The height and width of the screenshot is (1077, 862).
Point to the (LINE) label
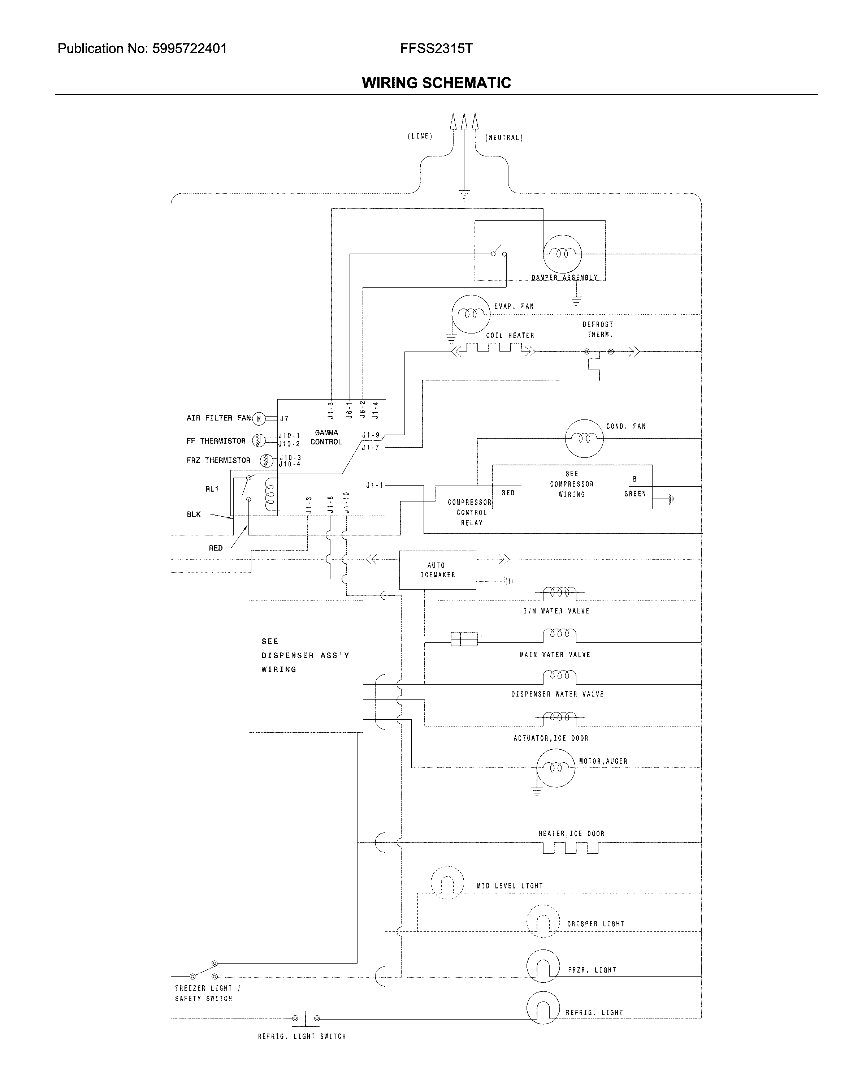[x=420, y=136]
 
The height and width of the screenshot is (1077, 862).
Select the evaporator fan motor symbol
[x=471, y=314]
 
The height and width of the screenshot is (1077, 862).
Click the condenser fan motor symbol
[x=584, y=439]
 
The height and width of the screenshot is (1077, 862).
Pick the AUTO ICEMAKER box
[x=437, y=570]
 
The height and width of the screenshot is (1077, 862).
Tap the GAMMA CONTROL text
[x=326, y=437]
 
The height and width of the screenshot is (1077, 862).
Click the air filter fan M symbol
[x=259, y=419]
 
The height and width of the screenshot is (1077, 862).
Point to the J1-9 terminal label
[x=371, y=435]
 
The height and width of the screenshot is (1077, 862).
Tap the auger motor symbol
[x=555, y=768]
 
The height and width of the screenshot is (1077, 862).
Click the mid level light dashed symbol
[x=447, y=882]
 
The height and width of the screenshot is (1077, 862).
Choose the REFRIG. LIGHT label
[x=594, y=1013]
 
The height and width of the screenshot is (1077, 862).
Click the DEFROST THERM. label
[x=597, y=329]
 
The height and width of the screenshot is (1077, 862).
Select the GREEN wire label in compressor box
[x=635, y=494]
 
